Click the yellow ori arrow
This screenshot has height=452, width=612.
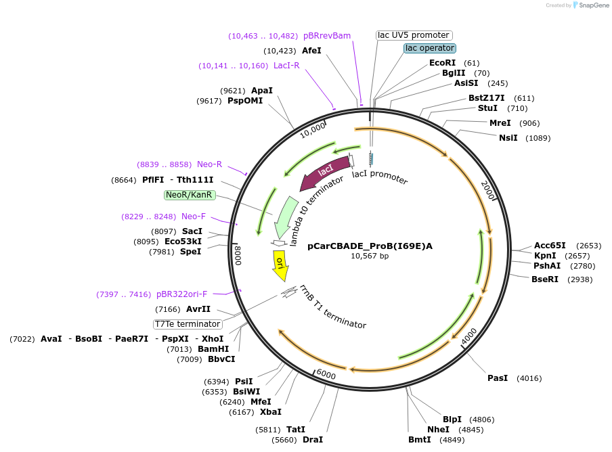click(x=280, y=265)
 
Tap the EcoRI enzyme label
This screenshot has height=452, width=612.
click(x=443, y=63)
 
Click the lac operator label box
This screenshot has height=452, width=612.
click(x=430, y=48)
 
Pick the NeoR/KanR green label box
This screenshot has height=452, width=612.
click(x=190, y=195)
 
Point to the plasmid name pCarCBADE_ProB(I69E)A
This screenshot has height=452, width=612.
click(x=370, y=246)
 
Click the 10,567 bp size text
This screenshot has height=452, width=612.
click(x=370, y=256)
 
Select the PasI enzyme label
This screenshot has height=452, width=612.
click(x=498, y=378)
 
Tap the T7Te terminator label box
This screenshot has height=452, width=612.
click(x=188, y=324)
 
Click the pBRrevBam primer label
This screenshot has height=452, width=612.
click(x=327, y=36)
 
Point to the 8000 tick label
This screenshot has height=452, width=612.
click(x=238, y=255)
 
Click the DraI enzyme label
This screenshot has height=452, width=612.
click(x=313, y=440)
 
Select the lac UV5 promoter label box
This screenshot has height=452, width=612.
click(x=414, y=35)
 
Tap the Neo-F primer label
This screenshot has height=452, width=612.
click(x=193, y=217)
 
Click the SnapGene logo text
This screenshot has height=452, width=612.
click(x=594, y=5)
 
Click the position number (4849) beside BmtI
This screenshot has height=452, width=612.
click(x=453, y=440)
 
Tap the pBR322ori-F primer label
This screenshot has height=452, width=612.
click(x=181, y=294)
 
